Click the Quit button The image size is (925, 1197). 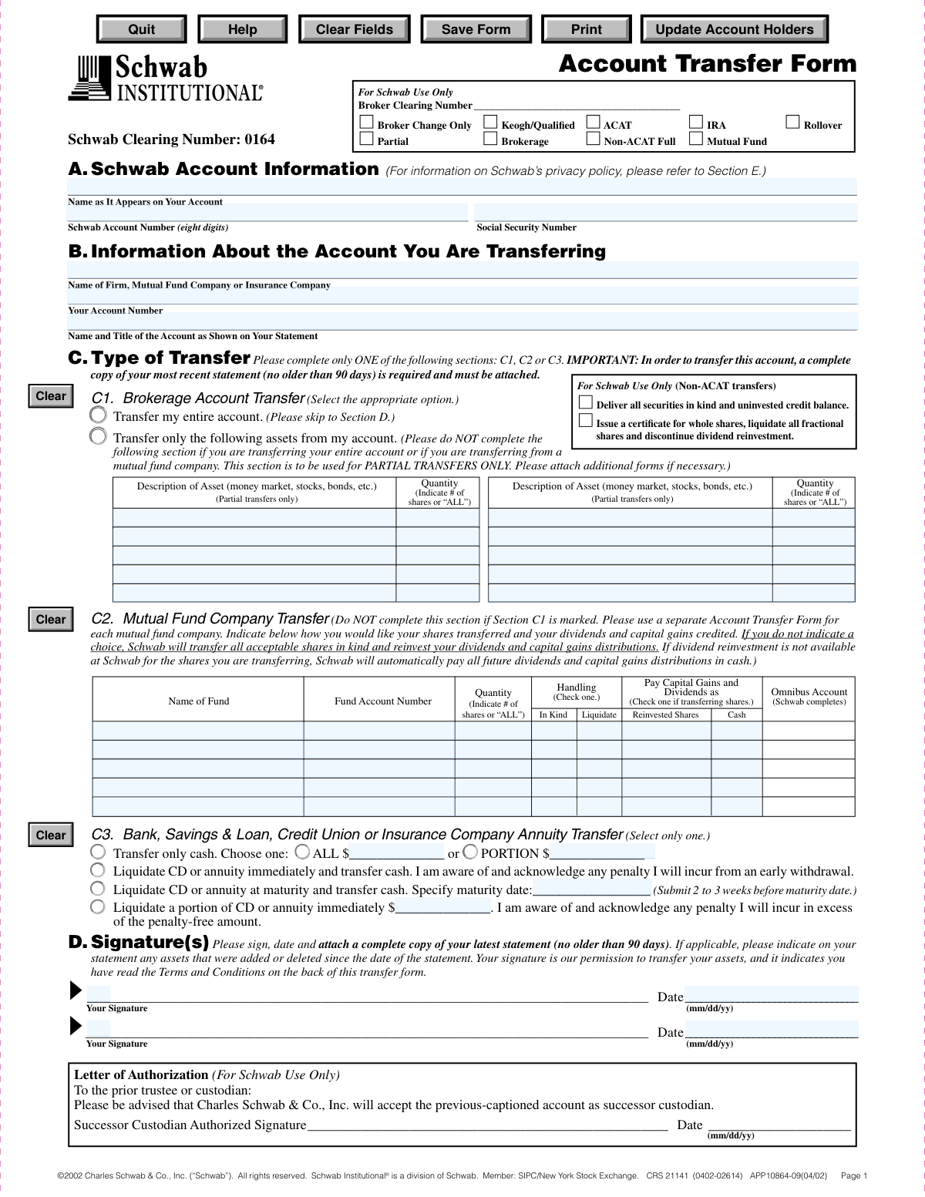141,29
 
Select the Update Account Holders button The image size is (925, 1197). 734,29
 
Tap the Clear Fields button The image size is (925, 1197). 354,29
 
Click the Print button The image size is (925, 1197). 586,29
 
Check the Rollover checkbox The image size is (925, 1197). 792,122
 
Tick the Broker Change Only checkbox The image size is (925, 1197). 367,122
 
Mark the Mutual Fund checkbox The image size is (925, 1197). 696,139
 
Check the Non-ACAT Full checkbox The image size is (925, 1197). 593,139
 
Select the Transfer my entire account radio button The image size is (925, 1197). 98,415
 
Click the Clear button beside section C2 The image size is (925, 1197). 51,619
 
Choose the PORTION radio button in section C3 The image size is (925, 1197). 470,852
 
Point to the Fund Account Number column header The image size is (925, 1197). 383,701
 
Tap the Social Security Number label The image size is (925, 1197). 526,227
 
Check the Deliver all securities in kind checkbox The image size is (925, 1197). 586,402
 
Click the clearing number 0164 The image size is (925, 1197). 260,140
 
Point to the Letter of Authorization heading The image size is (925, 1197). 141,1075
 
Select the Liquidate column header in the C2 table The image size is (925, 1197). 599,715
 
